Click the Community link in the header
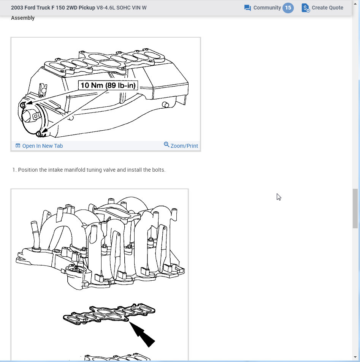click(x=267, y=8)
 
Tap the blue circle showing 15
click(x=288, y=8)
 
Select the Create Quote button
click(x=327, y=8)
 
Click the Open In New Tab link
click(x=42, y=146)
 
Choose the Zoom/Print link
click(x=184, y=146)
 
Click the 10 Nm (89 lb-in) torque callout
click(x=108, y=85)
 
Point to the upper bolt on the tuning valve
click(x=23, y=105)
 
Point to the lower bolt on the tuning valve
click(x=38, y=134)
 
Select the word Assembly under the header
click(x=23, y=18)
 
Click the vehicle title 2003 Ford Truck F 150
click(x=53, y=8)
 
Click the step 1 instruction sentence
click(x=91, y=170)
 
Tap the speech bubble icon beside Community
click(x=247, y=8)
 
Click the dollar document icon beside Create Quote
click(x=306, y=8)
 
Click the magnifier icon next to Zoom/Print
click(x=167, y=145)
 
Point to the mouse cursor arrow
click(x=278, y=196)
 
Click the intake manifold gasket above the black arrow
click(x=108, y=315)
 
